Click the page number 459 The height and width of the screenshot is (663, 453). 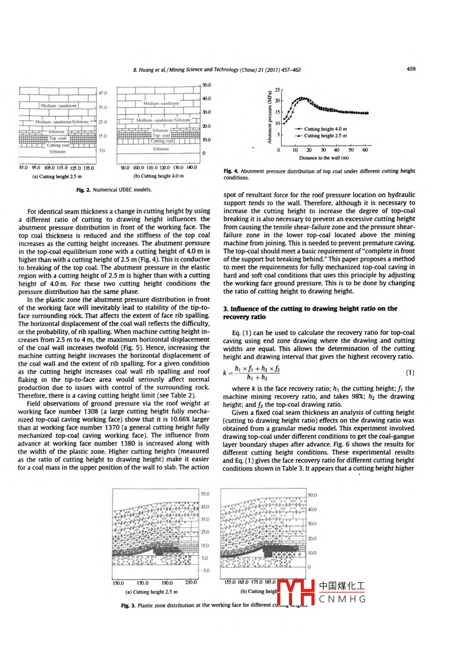click(x=411, y=69)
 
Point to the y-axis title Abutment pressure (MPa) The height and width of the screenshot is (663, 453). click(x=270, y=117)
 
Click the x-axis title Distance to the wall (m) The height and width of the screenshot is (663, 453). click(x=324, y=158)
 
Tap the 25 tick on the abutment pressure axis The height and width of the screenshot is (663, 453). click(x=278, y=90)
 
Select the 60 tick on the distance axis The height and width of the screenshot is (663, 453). click(x=365, y=150)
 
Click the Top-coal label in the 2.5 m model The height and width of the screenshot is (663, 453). click(x=58, y=138)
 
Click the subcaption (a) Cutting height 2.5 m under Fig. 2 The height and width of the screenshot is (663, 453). click(x=57, y=177)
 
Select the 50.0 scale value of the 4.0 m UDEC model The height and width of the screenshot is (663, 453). click(x=206, y=85)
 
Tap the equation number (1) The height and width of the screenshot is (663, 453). click(x=410, y=373)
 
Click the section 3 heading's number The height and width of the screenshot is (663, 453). click(x=226, y=309)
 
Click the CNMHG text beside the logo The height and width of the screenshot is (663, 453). click(x=342, y=599)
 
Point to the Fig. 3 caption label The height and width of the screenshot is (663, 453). click(x=128, y=605)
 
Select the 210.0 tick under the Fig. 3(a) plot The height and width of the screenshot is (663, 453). click(x=191, y=582)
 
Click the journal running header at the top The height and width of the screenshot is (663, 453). click(x=217, y=70)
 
